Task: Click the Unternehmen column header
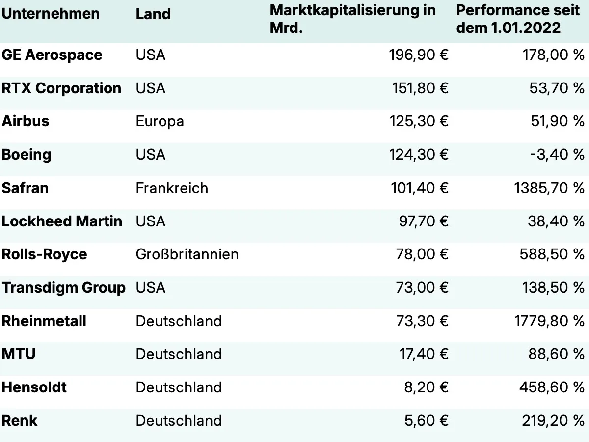(x=51, y=13)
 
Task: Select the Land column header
(x=153, y=14)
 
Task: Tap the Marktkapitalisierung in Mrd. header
(x=352, y=18)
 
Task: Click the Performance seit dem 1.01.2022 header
(x=518, y=18)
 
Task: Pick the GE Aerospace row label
(x=52, y=55)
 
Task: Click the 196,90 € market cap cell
(x=419, y=55)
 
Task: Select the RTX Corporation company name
(x=61, y=88)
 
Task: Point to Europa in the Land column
(x=160, y=121)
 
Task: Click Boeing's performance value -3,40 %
(x=557, y=155)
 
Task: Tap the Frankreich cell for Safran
(x=172, y=188)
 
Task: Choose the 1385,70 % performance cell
(x=549, y=188)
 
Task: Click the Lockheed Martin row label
(x=62, y=221)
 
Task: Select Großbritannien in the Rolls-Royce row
(x=187, y=254)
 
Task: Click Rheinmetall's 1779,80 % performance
(x=549, y=321)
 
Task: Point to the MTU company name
(x=19, y=354)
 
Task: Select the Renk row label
(x=20, y=421)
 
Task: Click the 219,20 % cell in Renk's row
(x=552, y=421)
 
